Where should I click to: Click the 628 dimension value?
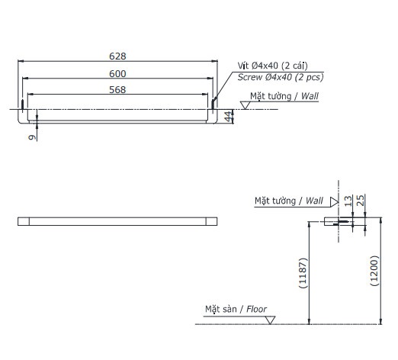[x=117, y=56]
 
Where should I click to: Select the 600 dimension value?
[x=117, y=73]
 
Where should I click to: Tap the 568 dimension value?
[x=117, y=89]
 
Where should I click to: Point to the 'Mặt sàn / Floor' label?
[x=235, y=310]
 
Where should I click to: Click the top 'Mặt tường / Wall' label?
[x=284, y=96]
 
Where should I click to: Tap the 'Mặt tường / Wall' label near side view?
[x=289, y=201]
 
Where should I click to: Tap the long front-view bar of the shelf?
[x=117, y=221]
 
